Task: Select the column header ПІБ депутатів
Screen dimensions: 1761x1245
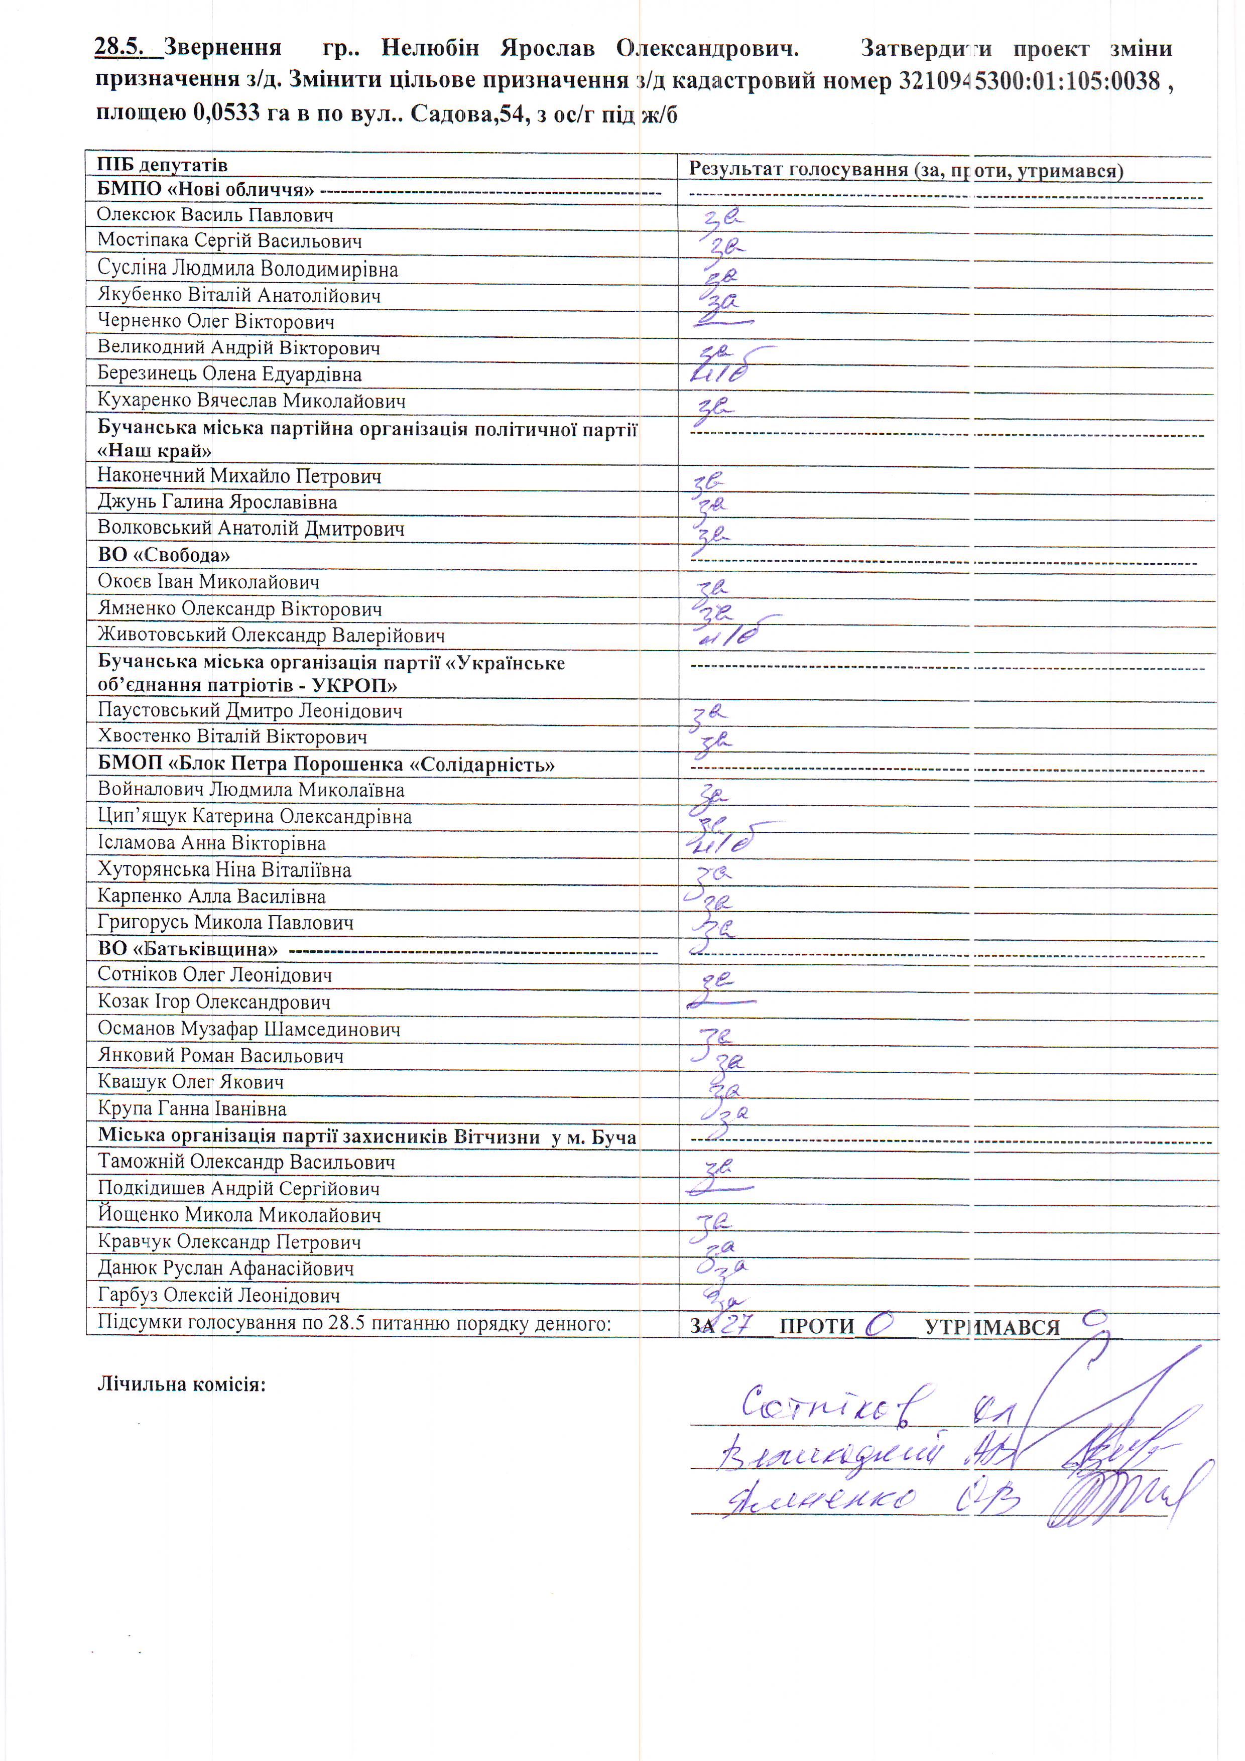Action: click(162, 165)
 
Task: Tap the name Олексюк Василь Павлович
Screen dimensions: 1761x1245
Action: click(215, 215)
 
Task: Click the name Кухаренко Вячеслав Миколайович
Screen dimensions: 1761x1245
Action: click(252, 401)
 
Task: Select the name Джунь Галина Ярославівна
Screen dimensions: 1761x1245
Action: click(217, 502)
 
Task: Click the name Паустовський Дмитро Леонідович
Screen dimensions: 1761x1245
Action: click(250, 710)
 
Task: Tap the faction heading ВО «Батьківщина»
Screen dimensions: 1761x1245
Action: click(187, 949)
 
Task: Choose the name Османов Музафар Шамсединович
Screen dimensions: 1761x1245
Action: click(248, 1029)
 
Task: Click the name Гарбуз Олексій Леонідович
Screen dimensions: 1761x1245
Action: click(218, 1295)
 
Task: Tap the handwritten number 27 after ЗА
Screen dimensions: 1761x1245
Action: click(737, 1323)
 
